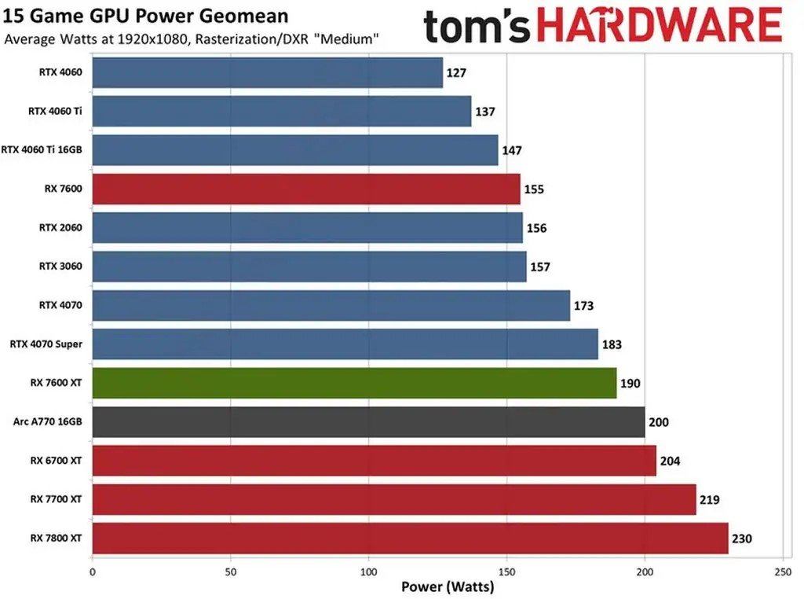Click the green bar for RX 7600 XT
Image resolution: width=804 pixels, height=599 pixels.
[354, 383]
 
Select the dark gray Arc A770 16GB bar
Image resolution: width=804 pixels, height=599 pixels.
[368, 422]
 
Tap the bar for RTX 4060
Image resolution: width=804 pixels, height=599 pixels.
[268, 72]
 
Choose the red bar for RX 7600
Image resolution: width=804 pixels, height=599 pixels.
[306, 189]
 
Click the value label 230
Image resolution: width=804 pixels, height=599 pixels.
[742, 538]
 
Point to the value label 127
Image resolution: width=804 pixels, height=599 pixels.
[456, 73]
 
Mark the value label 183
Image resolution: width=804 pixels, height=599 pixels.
[612, 344]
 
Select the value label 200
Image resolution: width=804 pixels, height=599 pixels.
[658, 422]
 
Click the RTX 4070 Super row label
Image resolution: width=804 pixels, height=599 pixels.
[46, 344]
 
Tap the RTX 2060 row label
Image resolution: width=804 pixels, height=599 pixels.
[60, 228]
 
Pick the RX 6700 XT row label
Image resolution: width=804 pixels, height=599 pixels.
[57, 461]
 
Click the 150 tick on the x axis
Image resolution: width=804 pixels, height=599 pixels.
[506, 571]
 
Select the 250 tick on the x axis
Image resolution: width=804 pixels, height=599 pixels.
[783, 571]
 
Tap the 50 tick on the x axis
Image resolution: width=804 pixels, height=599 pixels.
[231, 571]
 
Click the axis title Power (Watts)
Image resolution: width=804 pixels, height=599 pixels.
[448, 586]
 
